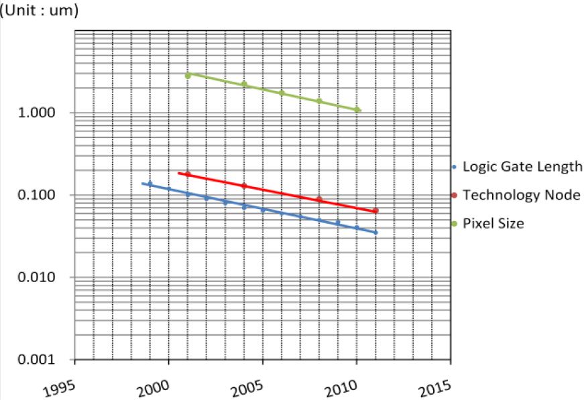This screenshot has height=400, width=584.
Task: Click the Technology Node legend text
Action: (521, 195)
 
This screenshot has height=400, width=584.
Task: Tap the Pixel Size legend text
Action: (493, 223)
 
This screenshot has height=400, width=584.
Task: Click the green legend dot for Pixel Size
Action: (454, 224)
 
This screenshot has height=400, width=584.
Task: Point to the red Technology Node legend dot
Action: (454, 196)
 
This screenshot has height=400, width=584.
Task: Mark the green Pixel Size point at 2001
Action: (188, 76)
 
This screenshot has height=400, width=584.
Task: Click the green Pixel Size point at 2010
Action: (357, 110)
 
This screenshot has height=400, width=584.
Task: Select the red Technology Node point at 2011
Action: (375, 210)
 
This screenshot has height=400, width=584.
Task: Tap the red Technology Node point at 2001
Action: (188, 174)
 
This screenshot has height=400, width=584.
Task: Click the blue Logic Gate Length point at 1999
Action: (150, 183)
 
